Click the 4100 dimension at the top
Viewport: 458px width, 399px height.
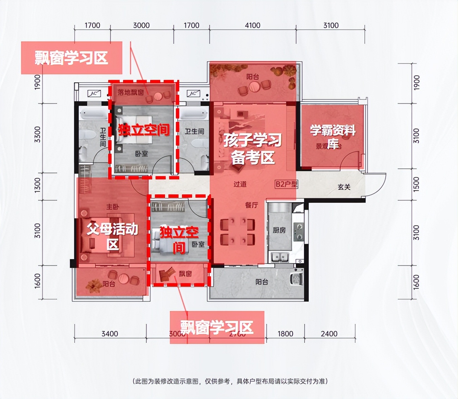pos(252,25)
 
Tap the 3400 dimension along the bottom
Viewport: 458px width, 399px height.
pos(110,334)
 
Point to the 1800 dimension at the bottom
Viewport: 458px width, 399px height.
pos(285,334)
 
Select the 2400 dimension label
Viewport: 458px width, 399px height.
pos(329,334)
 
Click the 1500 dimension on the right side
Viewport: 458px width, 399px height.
pos(416,184)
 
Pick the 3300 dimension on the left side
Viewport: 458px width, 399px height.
pos(38,134)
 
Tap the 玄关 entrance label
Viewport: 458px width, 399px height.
pos(344,187)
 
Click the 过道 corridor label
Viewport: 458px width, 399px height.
pos(240,184)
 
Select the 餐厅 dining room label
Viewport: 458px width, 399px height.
pos(251,205)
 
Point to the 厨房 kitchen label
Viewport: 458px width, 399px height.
pos(279,230)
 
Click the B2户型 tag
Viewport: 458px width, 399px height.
pos(286,184)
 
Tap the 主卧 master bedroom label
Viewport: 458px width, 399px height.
pos(112,207)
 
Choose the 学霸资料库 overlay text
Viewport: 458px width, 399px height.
pos(333,136)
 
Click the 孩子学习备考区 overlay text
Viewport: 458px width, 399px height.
pos(252,149)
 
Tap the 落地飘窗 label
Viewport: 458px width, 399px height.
pos(130,92)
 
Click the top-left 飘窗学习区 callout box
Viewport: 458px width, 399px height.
pos(71,58)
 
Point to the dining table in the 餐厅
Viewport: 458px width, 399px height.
pos(237,232)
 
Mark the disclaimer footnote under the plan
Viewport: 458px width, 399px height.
pos(230,381)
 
